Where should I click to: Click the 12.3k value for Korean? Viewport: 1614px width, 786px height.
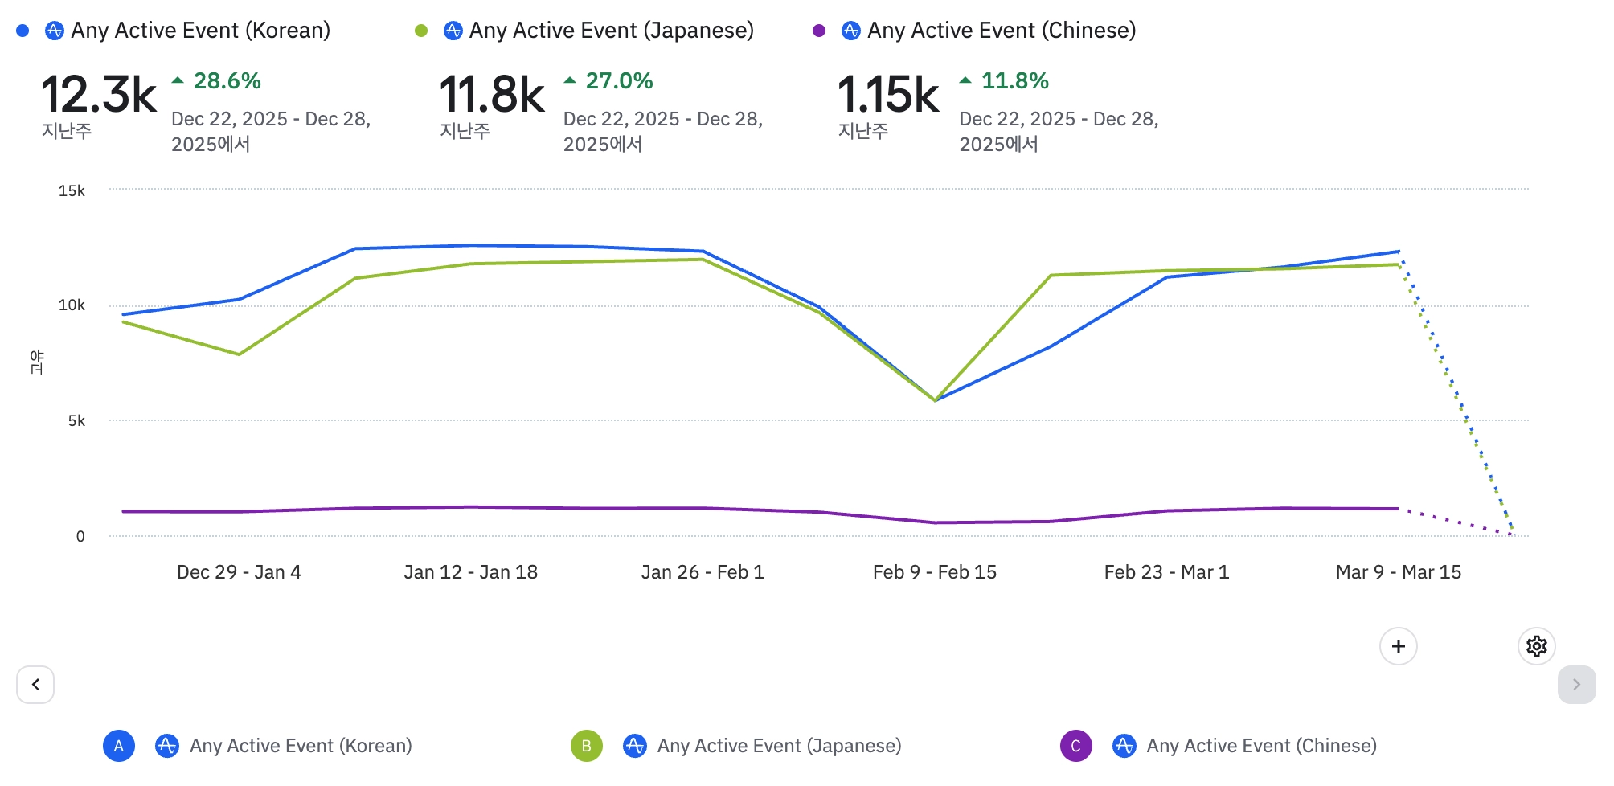pyautogui.click(x=99, y=95)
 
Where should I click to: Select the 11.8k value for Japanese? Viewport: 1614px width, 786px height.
pyautogui.click(x=492, y=95)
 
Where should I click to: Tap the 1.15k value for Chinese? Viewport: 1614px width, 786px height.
pyautogui.click(x=888, y=95)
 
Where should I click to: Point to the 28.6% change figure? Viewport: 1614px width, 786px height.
pyautogui.click(x=227, y=81)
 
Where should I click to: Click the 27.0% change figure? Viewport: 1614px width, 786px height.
pyautogui.click(x=618, y=81)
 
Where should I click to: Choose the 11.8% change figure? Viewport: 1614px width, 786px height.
pyautogui.click(x=1014, y=81)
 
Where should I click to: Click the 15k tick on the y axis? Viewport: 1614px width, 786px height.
pyautogui.click(x=72, y=191)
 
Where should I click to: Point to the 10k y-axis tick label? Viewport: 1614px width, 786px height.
pyautogui.click(x=72, y=305)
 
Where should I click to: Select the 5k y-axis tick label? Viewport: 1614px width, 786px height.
pyautogui.click(x=76, y=421)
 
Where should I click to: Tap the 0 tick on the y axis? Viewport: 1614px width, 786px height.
pyautogui.click(x=80, y=537)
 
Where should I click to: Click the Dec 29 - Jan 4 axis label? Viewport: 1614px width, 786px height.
pyautogui.click(x=239, y=572)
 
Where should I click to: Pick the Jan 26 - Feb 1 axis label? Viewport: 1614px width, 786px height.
pyautogui.click(x=703, y=572)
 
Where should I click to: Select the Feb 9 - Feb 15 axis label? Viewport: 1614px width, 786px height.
pyautogui.click(x=935, y=572)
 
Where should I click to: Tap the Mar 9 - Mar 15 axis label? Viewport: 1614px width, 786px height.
pyautogui.click(x=1399, y=572)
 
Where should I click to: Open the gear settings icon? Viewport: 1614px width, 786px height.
pyautogui.click(x=1537, y=646)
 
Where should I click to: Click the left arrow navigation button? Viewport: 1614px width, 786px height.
pyautogui.click(x=35, y=685)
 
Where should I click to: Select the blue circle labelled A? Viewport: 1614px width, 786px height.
pyautogui.click(x=119, y=746)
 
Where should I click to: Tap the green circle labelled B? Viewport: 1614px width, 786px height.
pyautogui.click(x=587, y=746)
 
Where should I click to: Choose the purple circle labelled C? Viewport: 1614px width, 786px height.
pyautogui.click(x=1075, y=746)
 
